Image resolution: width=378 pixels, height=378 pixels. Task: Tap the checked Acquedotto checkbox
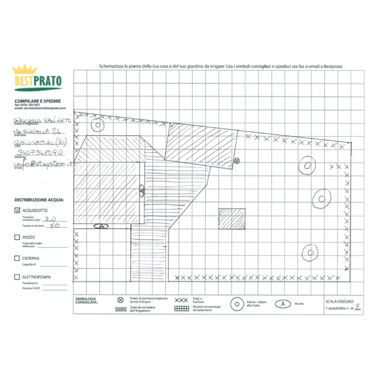[17, 210]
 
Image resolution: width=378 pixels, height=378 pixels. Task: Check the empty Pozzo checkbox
[17, 237]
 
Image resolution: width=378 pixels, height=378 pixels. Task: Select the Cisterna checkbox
[17, 258]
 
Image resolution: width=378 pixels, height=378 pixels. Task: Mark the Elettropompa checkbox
[17, 277]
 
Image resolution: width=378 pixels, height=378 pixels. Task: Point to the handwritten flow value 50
[54, 227]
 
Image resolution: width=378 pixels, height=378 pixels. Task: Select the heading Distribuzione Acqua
[39, 200]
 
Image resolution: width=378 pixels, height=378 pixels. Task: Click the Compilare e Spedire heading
[37, 100]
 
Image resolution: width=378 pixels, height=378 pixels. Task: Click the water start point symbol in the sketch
[236, 160]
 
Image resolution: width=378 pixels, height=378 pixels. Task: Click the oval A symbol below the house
[101, 226]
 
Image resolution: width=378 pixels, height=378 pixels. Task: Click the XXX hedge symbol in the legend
[183, 299]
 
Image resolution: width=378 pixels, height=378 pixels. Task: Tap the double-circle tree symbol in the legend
[237, 304]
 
